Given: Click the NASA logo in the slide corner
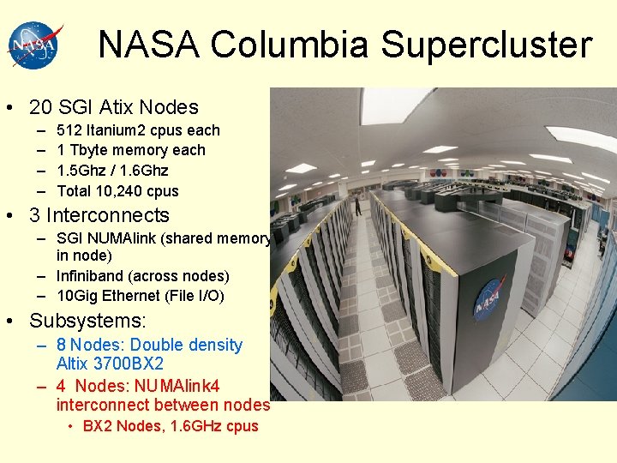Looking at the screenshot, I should click(35, 45).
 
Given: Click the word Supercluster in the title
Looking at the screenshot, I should click(487, 45).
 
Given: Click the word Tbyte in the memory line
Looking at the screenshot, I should click(88, 150).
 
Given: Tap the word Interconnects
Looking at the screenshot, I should click(108, 216).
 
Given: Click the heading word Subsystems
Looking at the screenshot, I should click(87, 322).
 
